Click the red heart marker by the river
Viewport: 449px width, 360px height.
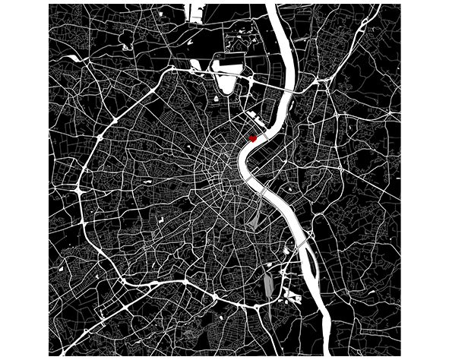click(x=254, y=137)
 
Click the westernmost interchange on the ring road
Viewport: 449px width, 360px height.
click(x=80, y=186)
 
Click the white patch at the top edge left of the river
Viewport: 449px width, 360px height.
click(x=195, y=12)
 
